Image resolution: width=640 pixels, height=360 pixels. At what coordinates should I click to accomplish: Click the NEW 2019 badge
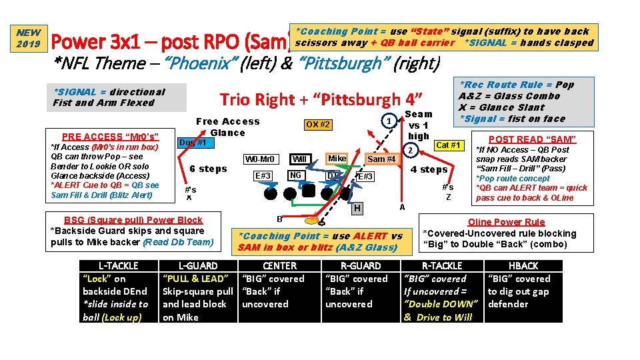[x=29, y=38]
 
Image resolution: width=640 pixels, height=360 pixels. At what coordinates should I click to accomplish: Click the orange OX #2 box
[x=317, y=125]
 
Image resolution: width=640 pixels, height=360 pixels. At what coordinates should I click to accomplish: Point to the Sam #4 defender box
[x=382, y=159]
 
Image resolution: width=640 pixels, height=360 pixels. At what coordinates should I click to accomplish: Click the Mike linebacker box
[x=337, y=159]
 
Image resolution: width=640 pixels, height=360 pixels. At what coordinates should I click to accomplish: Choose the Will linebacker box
[x=299, y=159]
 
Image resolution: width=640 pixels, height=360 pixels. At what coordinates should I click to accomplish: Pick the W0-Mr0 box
[x=259, y=159]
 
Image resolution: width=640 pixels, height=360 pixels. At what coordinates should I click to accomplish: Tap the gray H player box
[x=357, y=209]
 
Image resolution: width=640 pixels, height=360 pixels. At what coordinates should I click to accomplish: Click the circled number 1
[x=387, y=121]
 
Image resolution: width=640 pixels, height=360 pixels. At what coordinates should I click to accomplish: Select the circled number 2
[x=411, y=151]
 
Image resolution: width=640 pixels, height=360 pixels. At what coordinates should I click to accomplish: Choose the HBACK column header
[x=523, y=265]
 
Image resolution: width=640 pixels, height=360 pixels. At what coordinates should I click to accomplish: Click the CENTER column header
[x=280, y=265]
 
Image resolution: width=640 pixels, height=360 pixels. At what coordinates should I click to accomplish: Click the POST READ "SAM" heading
[x=531, y=139]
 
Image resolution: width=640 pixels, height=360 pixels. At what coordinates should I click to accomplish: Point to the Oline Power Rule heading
[x=507, y=222]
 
